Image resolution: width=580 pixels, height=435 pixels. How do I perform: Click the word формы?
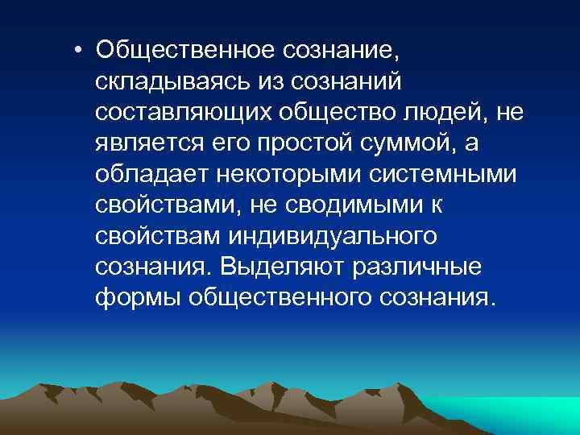point(136,297)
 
